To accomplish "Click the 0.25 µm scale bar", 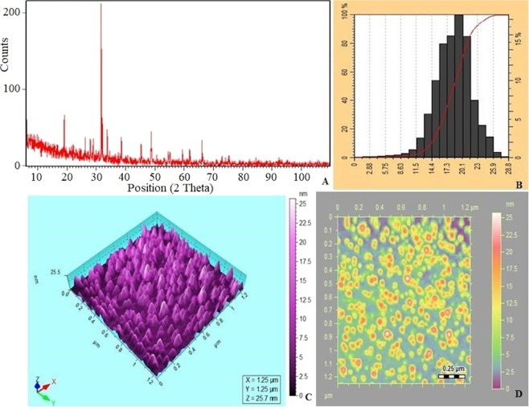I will [451, 373].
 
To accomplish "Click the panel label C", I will [298, 395].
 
